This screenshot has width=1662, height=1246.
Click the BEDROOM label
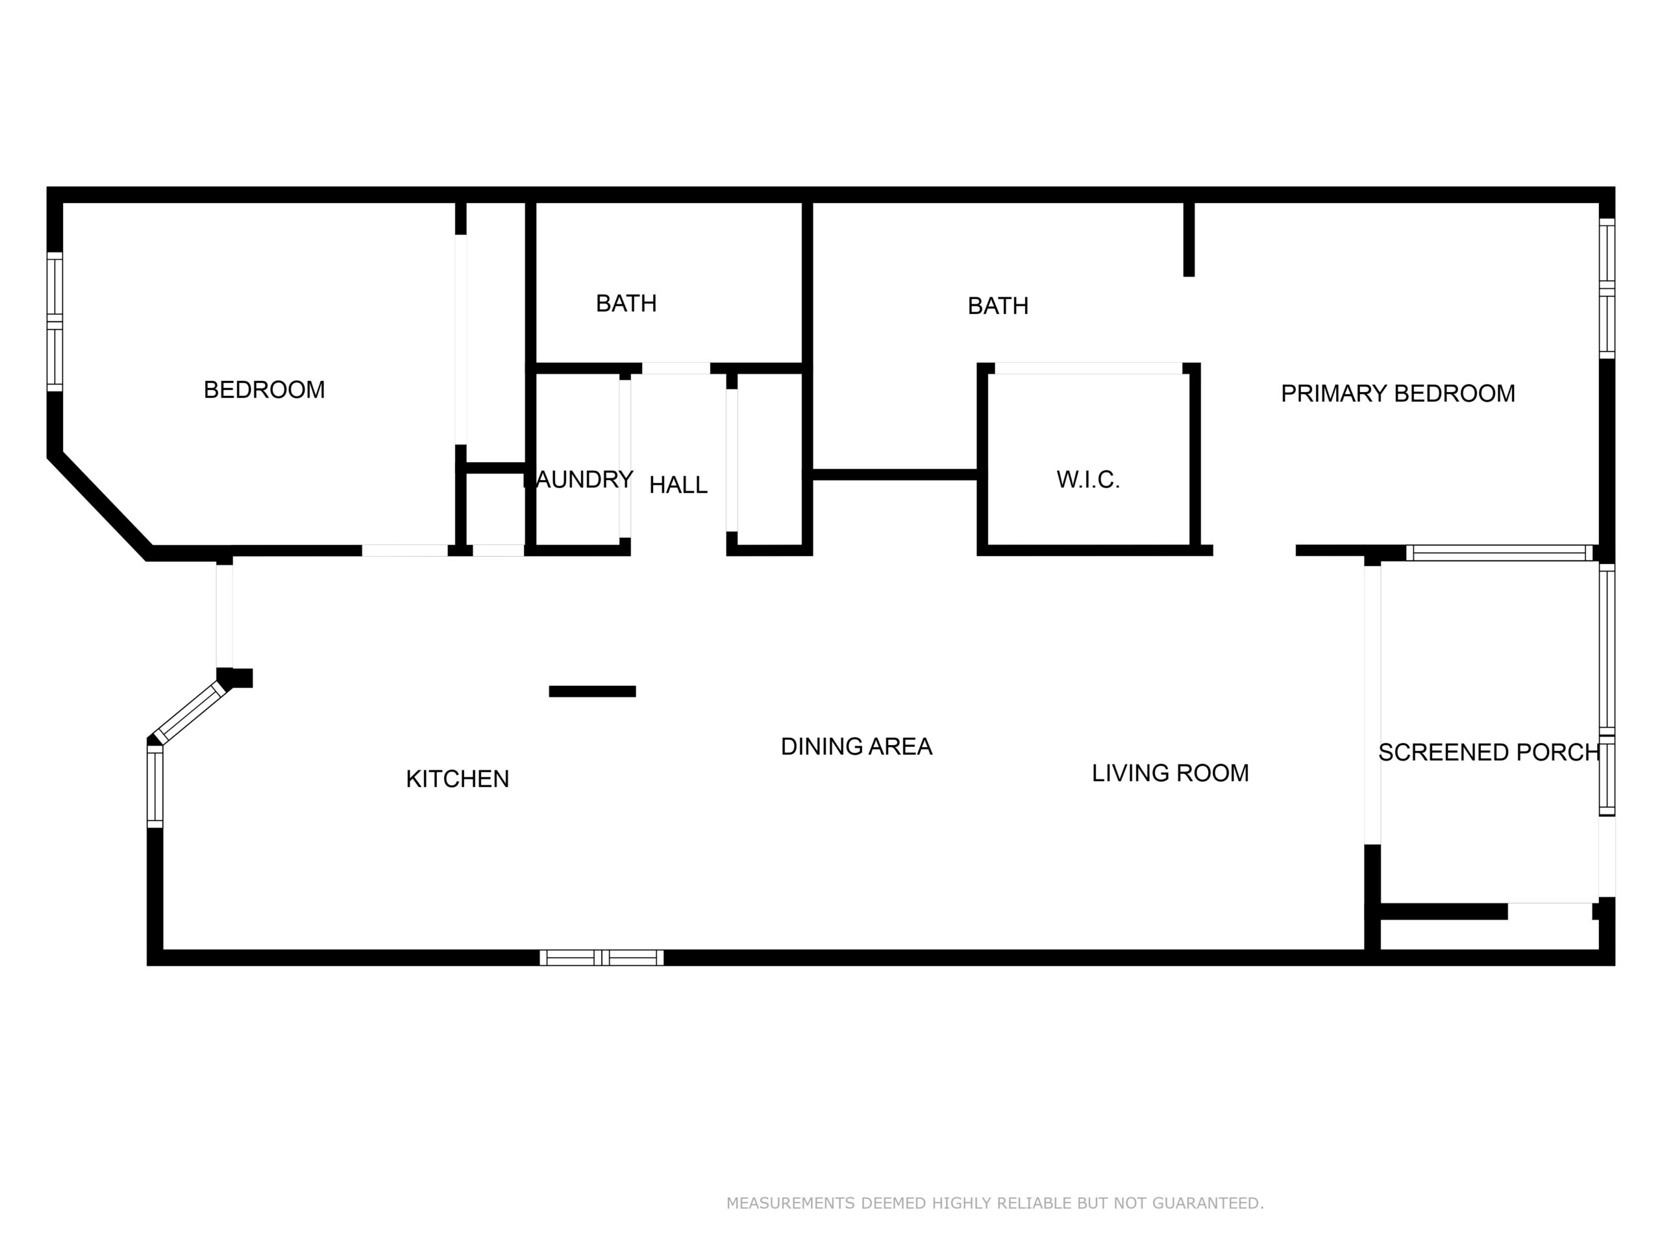point(264,390)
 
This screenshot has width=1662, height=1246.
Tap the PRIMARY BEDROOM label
point(1398,393)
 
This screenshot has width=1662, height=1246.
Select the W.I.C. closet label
point(1088,480)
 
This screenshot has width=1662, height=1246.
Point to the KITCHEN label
point(457,779)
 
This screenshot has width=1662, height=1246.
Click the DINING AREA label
point(856,746)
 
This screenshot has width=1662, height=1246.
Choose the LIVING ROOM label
point(1170,773)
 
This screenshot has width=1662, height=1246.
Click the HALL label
point(678,485)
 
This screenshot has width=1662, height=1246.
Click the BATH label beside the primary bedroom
point(998,306)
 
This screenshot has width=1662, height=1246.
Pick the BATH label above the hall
point(626,304)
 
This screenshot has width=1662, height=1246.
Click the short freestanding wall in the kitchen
point(592,692)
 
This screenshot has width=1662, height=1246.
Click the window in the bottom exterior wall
point(601,958)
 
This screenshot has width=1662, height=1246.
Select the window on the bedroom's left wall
point(55,321)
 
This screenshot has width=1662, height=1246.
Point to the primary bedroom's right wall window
point(1606,288)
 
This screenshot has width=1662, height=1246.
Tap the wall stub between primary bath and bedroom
point(1189,239)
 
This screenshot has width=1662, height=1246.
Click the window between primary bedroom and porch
point(1499,553)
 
